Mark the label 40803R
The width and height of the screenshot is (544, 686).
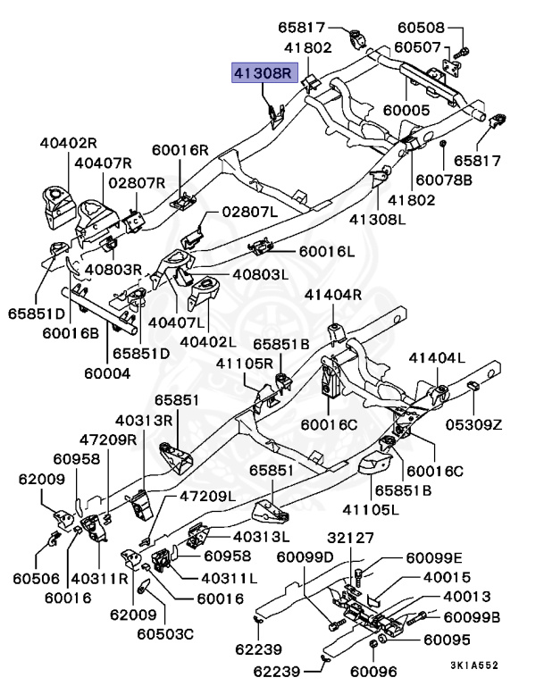click(113, 269)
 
